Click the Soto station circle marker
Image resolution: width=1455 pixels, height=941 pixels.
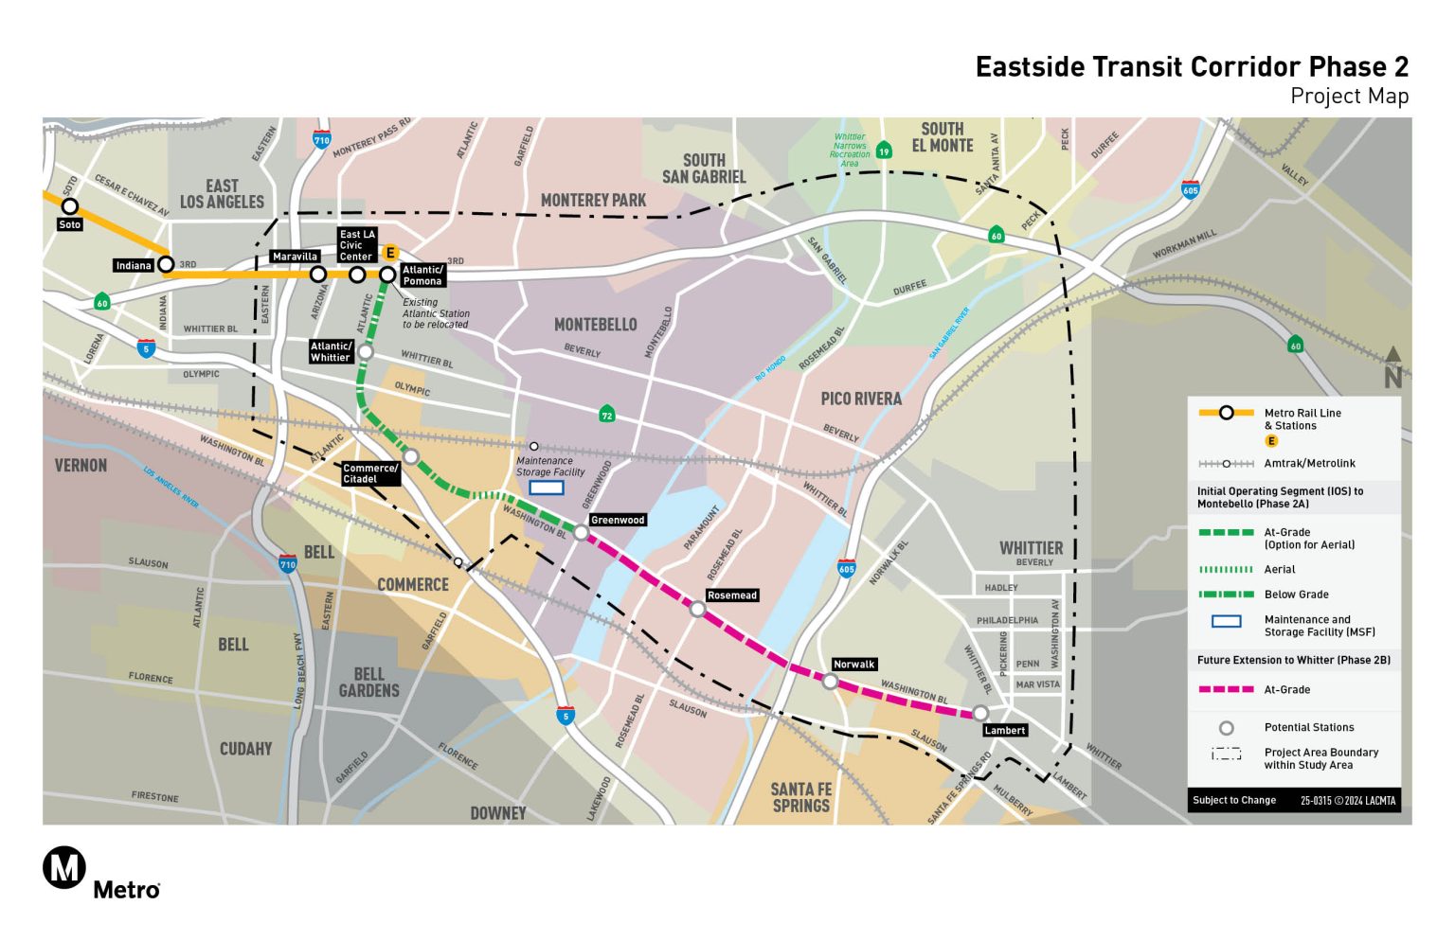click(x=70, y=206)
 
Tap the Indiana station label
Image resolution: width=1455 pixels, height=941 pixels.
click(x=134, y=265)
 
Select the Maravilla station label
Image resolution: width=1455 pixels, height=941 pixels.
click(x=295, y=257)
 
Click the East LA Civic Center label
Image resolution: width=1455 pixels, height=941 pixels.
click(x=357, y=245)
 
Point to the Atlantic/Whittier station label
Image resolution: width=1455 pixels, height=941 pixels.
click(x=331, y=351)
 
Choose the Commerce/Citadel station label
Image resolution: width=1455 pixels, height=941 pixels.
click(x=370, y=473)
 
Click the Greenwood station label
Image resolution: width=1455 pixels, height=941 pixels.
click(x=618, y=520)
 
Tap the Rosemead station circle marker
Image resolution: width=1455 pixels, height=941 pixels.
click(x=697, y=610)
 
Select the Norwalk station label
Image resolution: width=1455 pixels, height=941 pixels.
click(x=853, y=665)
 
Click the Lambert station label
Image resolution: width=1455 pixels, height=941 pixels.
click(x=1005, y=730)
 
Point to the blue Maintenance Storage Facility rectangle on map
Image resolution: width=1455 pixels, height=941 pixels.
click(x=547, y=488)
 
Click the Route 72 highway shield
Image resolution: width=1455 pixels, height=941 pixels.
click(x=607, y=415)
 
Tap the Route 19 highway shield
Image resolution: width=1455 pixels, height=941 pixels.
click(x=884, y=151)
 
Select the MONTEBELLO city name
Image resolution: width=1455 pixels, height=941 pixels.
click(x=595, y=325)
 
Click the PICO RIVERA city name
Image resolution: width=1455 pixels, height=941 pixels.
click(x=860, y=399)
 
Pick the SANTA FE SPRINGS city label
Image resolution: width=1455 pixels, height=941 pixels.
click(x=800, y=797)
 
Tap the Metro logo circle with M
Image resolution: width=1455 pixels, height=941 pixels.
click(x=64, y=867)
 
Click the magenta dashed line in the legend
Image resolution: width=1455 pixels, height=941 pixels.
click(x=1226, y=689)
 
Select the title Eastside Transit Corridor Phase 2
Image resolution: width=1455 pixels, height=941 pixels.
click(x=1192, y=67)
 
